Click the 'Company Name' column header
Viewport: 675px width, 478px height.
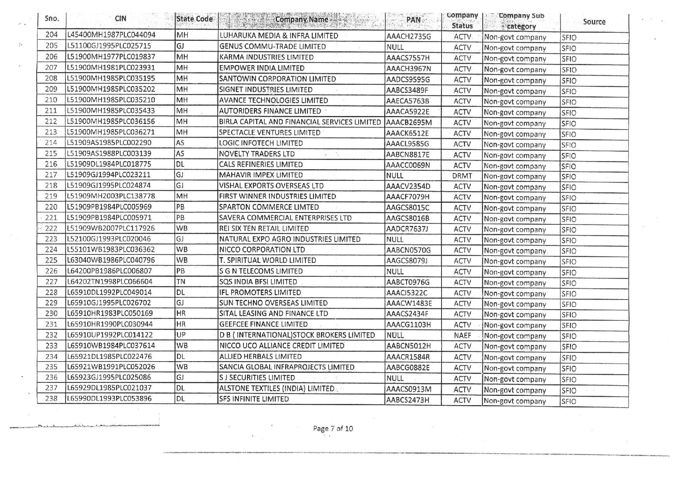[x=301, y=20]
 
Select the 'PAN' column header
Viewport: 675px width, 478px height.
[x=413, y=20]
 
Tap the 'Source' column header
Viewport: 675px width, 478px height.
[x=594, y=22]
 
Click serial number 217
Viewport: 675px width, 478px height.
[x=51, y=175]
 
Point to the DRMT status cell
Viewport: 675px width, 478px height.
[x=462, y=176]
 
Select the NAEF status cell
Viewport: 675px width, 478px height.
[x=462, y=335]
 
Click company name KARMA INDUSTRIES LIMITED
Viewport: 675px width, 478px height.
[x=266, y=57]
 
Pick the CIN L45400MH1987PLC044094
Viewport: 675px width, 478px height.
[x=111, y=35]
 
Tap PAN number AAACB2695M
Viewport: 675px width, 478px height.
[x=409, y=123]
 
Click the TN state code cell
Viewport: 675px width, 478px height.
[x=181, y=282]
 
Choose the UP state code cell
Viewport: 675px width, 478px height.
[x=181, y=335]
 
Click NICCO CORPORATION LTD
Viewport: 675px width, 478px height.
[x=262, y=250]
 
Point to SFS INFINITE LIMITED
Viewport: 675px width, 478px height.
[x=254, y=399]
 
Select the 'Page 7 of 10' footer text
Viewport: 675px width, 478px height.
[x=333, y=429]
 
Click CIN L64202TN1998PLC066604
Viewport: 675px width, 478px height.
[x=110, y=282]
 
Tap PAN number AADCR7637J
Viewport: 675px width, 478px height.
[x=407, y=229]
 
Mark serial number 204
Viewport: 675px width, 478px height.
[x=51, y=35]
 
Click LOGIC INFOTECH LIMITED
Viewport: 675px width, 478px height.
[x=261, y=143]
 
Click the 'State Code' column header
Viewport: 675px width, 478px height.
[x=194, y=19]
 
